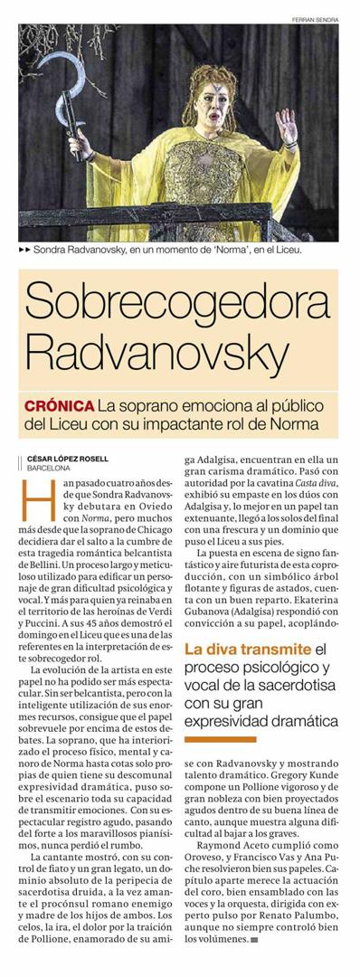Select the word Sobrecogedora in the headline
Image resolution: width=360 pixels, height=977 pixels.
pos(179,302)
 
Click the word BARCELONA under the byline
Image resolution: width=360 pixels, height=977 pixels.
pos(49,468)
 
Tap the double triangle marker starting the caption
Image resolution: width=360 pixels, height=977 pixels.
pos(25,247)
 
